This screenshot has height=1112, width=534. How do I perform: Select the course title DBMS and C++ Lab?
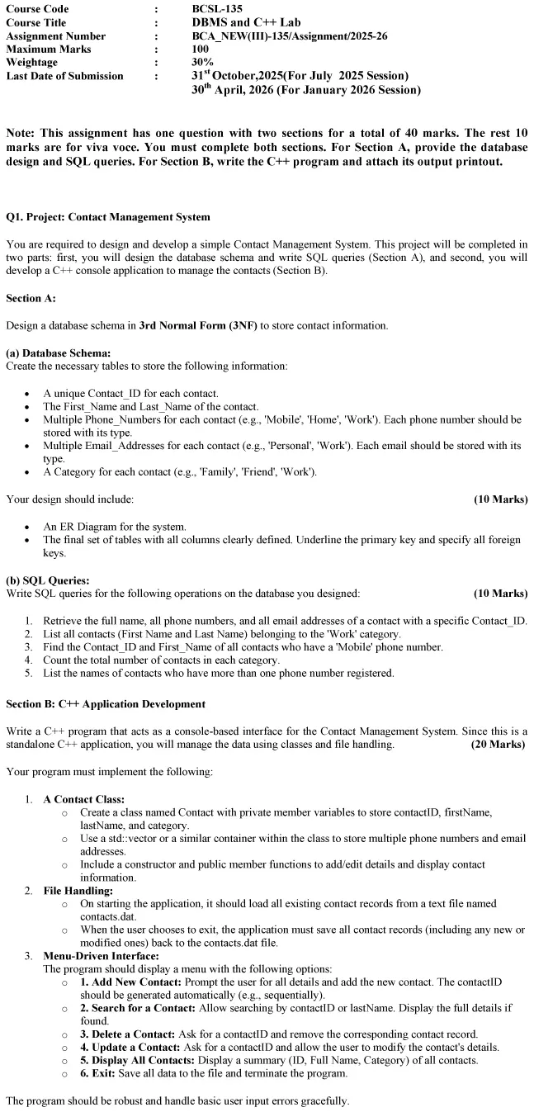(242, 22)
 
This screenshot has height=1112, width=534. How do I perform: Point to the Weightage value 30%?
(202, 62)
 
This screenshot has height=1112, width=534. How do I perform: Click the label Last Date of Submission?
(64, 76)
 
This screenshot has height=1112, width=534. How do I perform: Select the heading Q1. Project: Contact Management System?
(107, 217)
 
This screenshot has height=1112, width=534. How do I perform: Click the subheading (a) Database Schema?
(58, 353)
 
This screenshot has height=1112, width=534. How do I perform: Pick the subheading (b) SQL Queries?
(48, 580)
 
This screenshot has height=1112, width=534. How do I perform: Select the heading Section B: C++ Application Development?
(106, 704)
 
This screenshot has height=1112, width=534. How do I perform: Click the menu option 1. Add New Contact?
(131, 982)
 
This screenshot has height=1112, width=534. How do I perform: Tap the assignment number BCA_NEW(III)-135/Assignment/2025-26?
(289, 35)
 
